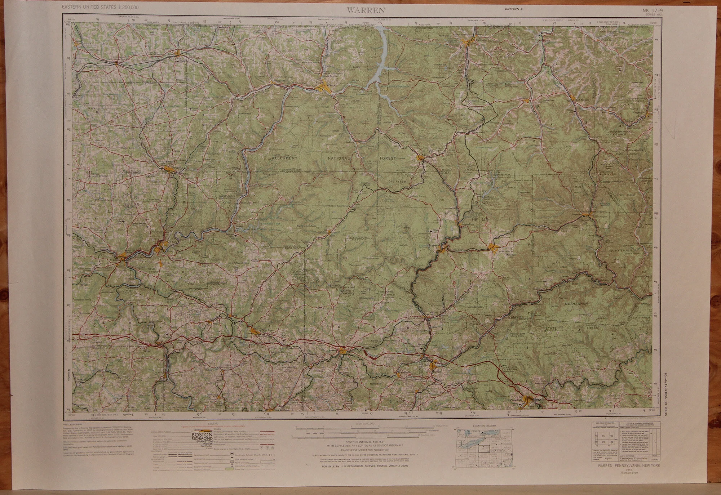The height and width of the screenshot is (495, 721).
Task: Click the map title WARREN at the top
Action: [x=366, y=10]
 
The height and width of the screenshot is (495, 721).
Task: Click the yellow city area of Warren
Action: [x=324, y=88]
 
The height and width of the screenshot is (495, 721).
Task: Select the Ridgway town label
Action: [x=433, y=245]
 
